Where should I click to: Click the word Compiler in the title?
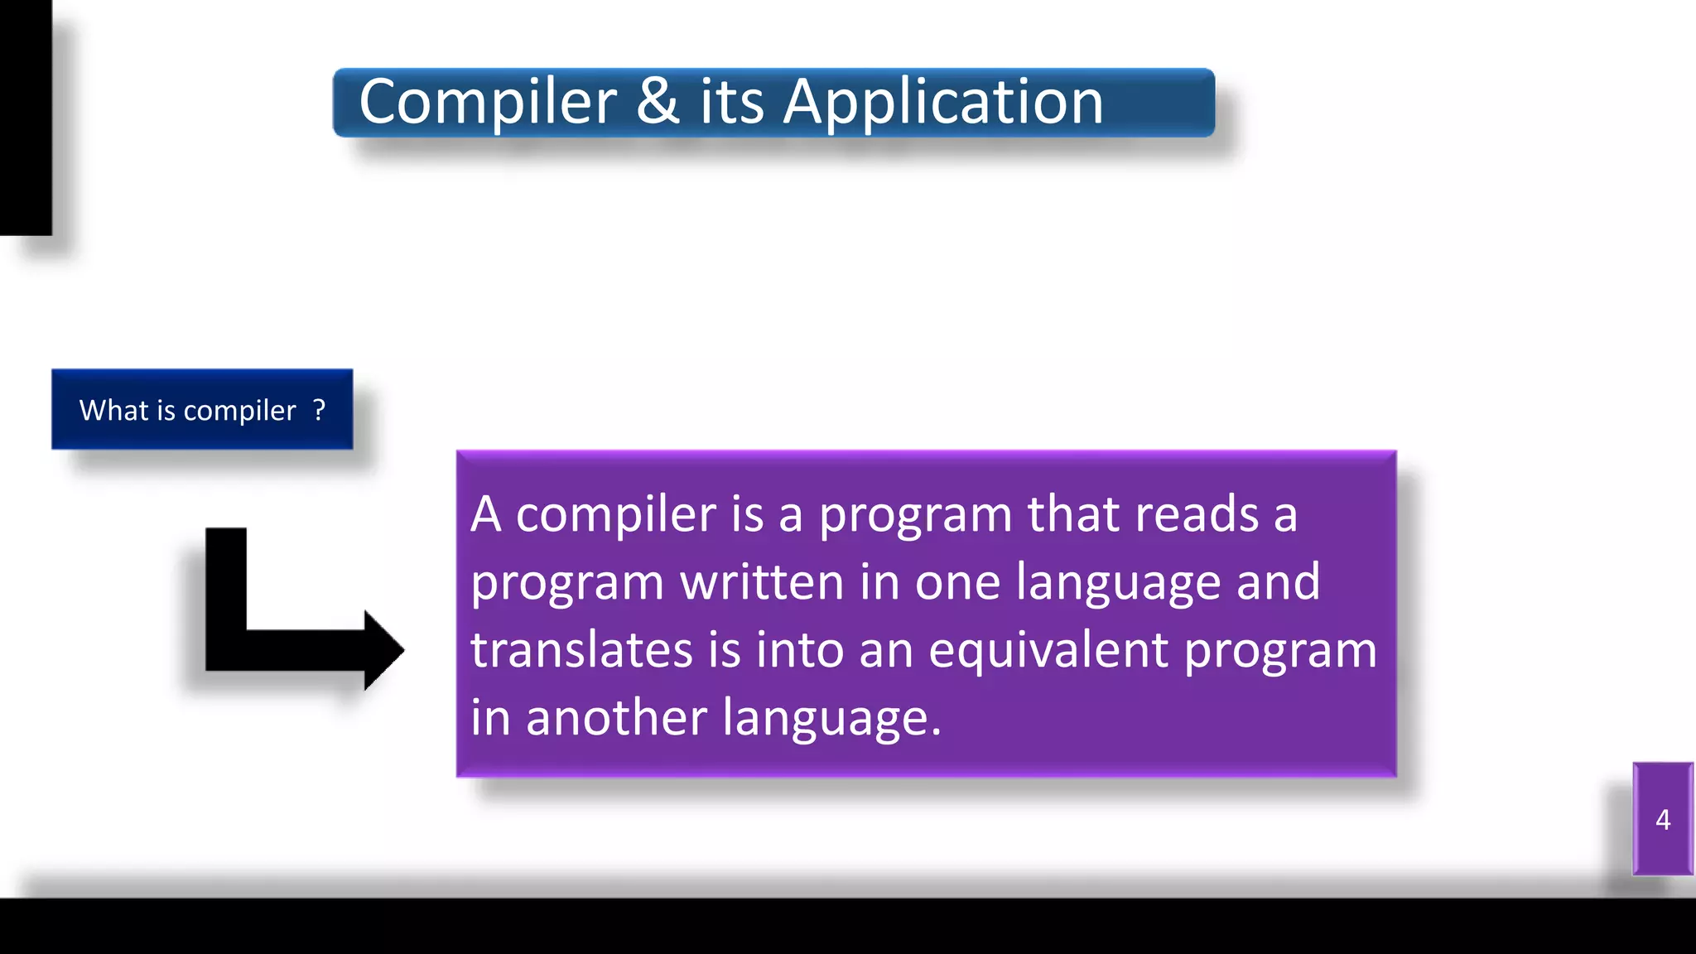point(488,103)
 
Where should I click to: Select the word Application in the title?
point(943,103)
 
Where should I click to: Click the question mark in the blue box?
point(320,409)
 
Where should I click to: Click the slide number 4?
point(1663,820)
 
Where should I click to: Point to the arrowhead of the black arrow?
point(383,650)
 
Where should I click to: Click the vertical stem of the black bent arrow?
point(226,580)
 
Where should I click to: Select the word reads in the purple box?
point(1197,514)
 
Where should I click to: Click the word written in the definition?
point(761,582)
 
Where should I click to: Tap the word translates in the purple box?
point(581,650)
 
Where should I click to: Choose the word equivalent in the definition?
point(1048,650)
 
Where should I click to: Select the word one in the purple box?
point(957,582)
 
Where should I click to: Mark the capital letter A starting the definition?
point(486,514)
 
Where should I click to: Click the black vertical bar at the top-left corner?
point(26,116)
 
